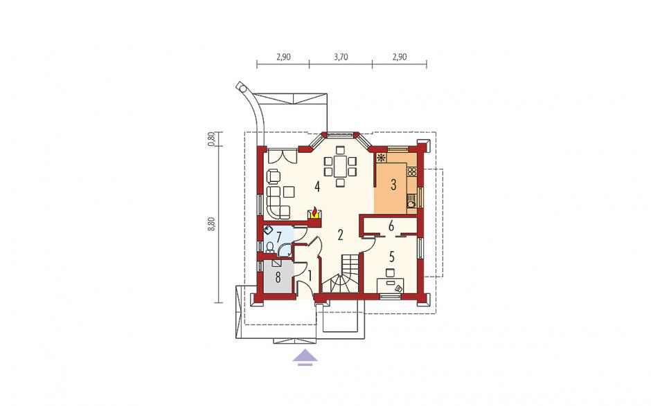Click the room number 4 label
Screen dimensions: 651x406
tap(317, 187)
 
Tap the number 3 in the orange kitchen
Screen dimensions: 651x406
tap(393, 185)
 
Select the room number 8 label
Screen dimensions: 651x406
tap(278, 277)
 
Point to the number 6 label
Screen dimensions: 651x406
tap(391, 226)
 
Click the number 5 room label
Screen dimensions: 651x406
tap(391, 257)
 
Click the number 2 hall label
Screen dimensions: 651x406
tap(341, 235)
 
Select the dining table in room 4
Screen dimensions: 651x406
tap(340, 166)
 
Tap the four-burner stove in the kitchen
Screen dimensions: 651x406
tap(412, 172)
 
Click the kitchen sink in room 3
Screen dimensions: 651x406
tap(411, 203)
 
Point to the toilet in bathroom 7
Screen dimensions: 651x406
tap(269, 247)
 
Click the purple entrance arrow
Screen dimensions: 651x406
tap(305, 358)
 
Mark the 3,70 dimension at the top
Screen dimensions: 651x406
tap(341, 57)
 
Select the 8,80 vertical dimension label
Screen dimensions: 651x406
tap(212, 223)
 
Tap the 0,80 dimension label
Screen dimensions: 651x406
tap(212, 138)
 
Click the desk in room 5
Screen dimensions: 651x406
tap(391, 286)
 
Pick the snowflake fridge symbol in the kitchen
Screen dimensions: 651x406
tap(381, 158)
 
